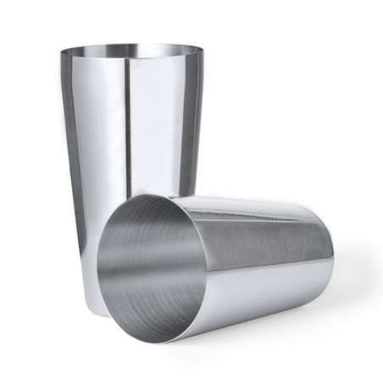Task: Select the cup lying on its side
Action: pos(229,263)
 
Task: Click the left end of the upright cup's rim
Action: pos(61,53)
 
